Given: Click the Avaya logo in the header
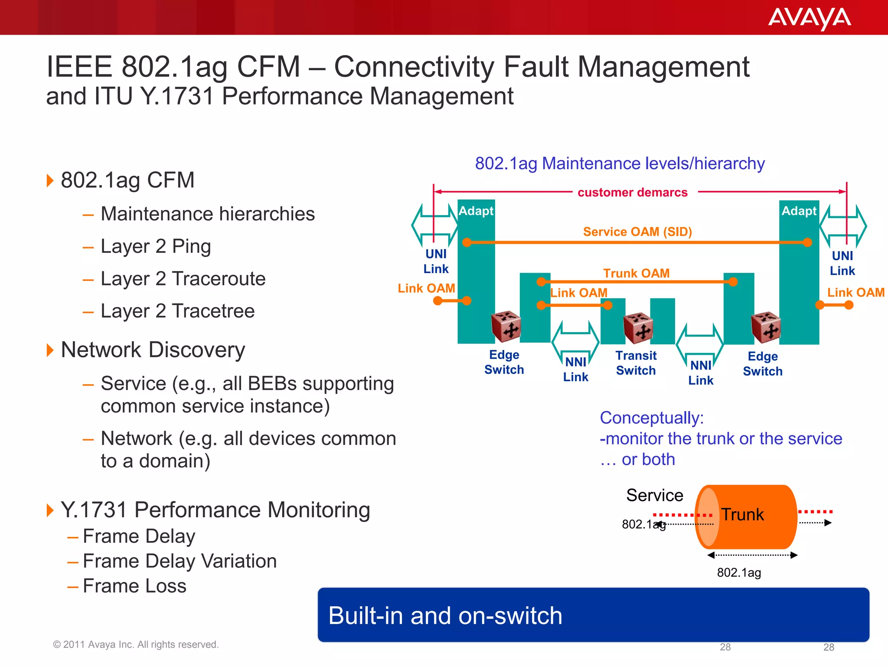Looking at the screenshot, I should click(809, 19).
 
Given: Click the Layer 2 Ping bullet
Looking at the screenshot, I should click(155, 246).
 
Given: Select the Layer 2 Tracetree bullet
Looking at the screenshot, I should click(177, 311).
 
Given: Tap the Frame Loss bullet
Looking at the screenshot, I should click(134, 586).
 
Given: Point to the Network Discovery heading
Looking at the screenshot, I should click(153, 349).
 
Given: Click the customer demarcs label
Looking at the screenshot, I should click(632, 192).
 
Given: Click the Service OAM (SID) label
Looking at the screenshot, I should click(637, 232).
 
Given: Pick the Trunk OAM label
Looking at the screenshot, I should click(636, 273).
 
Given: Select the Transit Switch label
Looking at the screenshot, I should click(636, 363).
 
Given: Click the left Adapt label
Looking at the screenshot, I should click(476, 211).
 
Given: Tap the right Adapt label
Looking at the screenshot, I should click(799, 211).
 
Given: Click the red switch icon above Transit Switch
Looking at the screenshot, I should click(638, 328).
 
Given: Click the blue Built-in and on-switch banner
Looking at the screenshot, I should click(593, 615).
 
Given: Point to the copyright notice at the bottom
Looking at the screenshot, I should click(136, 644).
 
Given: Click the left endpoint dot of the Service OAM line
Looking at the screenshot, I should click(467, 242).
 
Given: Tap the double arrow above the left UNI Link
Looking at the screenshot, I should click(434, 225).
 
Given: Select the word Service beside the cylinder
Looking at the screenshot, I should click(654, 495).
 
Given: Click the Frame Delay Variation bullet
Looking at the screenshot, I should click(179, 561).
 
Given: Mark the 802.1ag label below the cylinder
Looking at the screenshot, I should click(739, 572).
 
